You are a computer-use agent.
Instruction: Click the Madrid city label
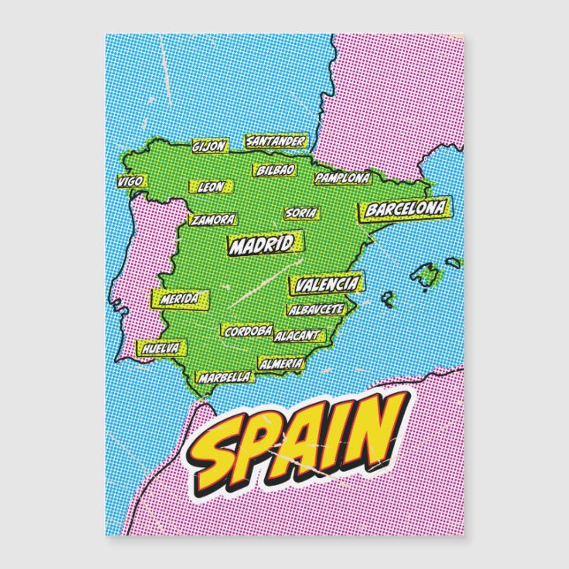tap(261, 245)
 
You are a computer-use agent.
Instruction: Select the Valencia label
tap(327, 284)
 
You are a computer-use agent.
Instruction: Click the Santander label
tap(276, 140)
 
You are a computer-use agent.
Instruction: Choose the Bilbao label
tap(276, 169)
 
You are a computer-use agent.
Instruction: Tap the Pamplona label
tap(341, 178)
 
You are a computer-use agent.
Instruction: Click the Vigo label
tap(130, 182)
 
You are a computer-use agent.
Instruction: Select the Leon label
tap(210, 187)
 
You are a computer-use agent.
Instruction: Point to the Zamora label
tap(213, 219)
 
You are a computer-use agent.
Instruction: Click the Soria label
tap(299, 213)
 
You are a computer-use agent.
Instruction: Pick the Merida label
tap(179, 299)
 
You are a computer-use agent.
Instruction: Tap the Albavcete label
tap(315, 310)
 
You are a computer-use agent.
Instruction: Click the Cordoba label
tap(247, 331)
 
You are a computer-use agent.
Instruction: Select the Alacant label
tap(297, 336)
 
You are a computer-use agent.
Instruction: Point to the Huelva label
tap(160, 349)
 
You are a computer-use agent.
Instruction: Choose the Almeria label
tap(281, 363)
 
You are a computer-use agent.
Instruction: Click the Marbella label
tap(224, 377)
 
